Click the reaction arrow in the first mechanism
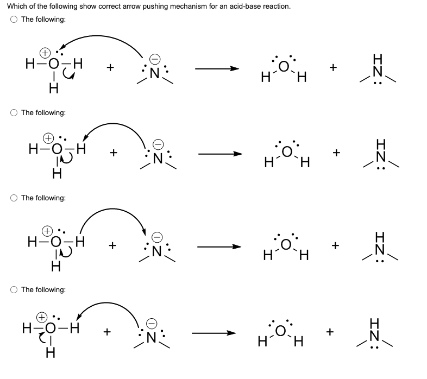pos(217,69)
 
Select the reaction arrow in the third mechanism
pos(219,247)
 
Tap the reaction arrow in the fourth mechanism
pos(217,332)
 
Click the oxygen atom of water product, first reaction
pos(284,66)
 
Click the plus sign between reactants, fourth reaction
pos(107,331)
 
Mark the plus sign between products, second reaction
pos(337,153)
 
